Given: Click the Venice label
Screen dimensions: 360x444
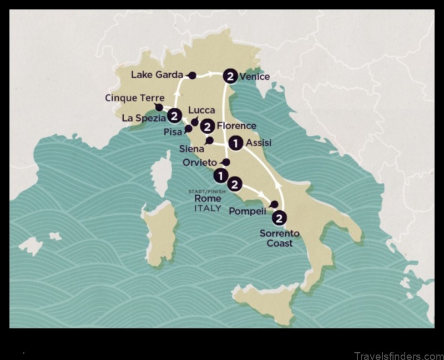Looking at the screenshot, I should pos(255,77).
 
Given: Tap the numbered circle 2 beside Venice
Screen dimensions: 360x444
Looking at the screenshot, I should pos(230,76).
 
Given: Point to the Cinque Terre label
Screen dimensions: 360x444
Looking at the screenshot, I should pos(134,98).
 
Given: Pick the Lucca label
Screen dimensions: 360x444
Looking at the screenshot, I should pos(201,110).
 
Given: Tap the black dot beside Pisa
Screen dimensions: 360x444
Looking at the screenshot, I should pos(188,128).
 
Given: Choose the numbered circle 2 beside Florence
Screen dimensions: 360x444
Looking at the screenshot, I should pos(208,126).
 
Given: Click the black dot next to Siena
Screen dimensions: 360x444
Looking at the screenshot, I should pos(209,140).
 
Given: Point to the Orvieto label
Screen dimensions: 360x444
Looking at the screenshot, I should pos(200,162).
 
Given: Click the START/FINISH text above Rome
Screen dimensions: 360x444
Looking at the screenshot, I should pos(204,191).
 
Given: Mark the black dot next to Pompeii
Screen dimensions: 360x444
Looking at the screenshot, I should pos(274,204).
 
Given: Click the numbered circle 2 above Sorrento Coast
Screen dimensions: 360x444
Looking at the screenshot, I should pos(281,218).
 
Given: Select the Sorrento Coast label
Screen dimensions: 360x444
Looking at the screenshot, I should pos(279,238).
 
